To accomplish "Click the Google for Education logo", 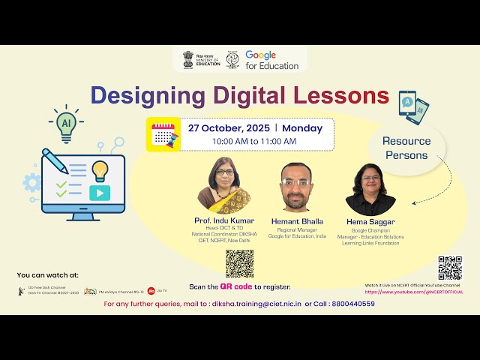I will coord(271,61).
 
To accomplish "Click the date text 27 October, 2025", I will coord(232,127).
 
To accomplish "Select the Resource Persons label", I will coord(406,148).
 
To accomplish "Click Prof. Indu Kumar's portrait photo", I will coord(223,186).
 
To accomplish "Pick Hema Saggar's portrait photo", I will coord(370,190).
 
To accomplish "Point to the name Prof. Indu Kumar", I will coord(223,220).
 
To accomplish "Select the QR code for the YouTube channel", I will coord(450,268).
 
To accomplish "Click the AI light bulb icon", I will coord(66,124).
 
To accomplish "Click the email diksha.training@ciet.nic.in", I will coord(256,304).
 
